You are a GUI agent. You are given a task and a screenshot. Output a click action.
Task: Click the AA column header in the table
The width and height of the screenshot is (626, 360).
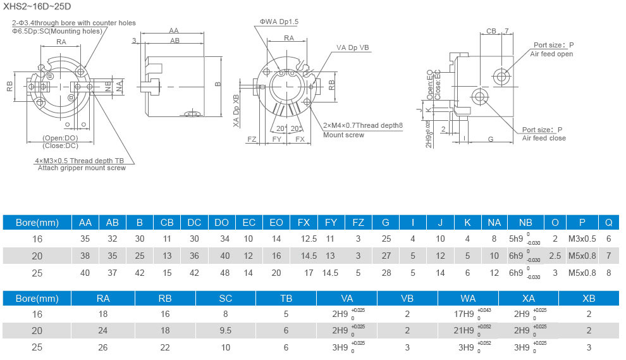coord(85,222)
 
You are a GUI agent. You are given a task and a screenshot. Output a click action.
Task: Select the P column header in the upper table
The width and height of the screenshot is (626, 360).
coord(581,222)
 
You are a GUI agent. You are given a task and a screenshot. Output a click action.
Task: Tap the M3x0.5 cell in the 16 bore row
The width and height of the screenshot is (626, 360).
coord(581,239)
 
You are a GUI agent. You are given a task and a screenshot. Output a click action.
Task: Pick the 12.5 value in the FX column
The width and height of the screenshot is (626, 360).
coord(309,239)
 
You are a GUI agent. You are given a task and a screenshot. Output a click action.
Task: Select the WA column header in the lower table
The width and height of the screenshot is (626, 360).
coord(468,297)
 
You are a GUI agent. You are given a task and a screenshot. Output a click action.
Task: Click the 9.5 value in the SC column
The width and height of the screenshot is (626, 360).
coord(225,331)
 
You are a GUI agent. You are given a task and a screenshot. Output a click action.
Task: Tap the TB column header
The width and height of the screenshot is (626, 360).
coord(286,297)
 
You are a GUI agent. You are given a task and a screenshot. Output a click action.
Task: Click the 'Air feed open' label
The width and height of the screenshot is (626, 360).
coord(551,54)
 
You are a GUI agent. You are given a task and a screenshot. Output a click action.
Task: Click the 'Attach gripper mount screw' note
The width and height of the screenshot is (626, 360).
coord(82,168)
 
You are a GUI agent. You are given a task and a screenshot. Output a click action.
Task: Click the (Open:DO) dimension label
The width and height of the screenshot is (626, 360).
coord(61,138)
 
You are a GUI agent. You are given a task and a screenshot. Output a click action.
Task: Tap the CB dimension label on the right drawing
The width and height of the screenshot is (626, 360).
coord(491,30)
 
